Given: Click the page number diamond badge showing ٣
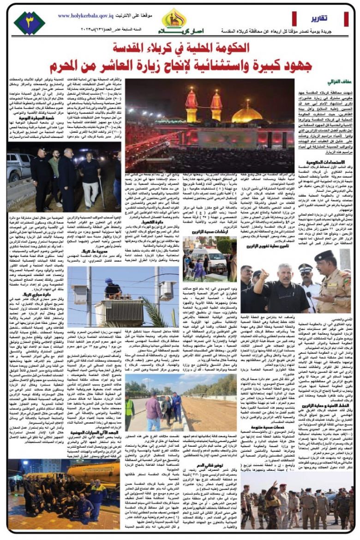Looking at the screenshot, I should click(x=29, y=23).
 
